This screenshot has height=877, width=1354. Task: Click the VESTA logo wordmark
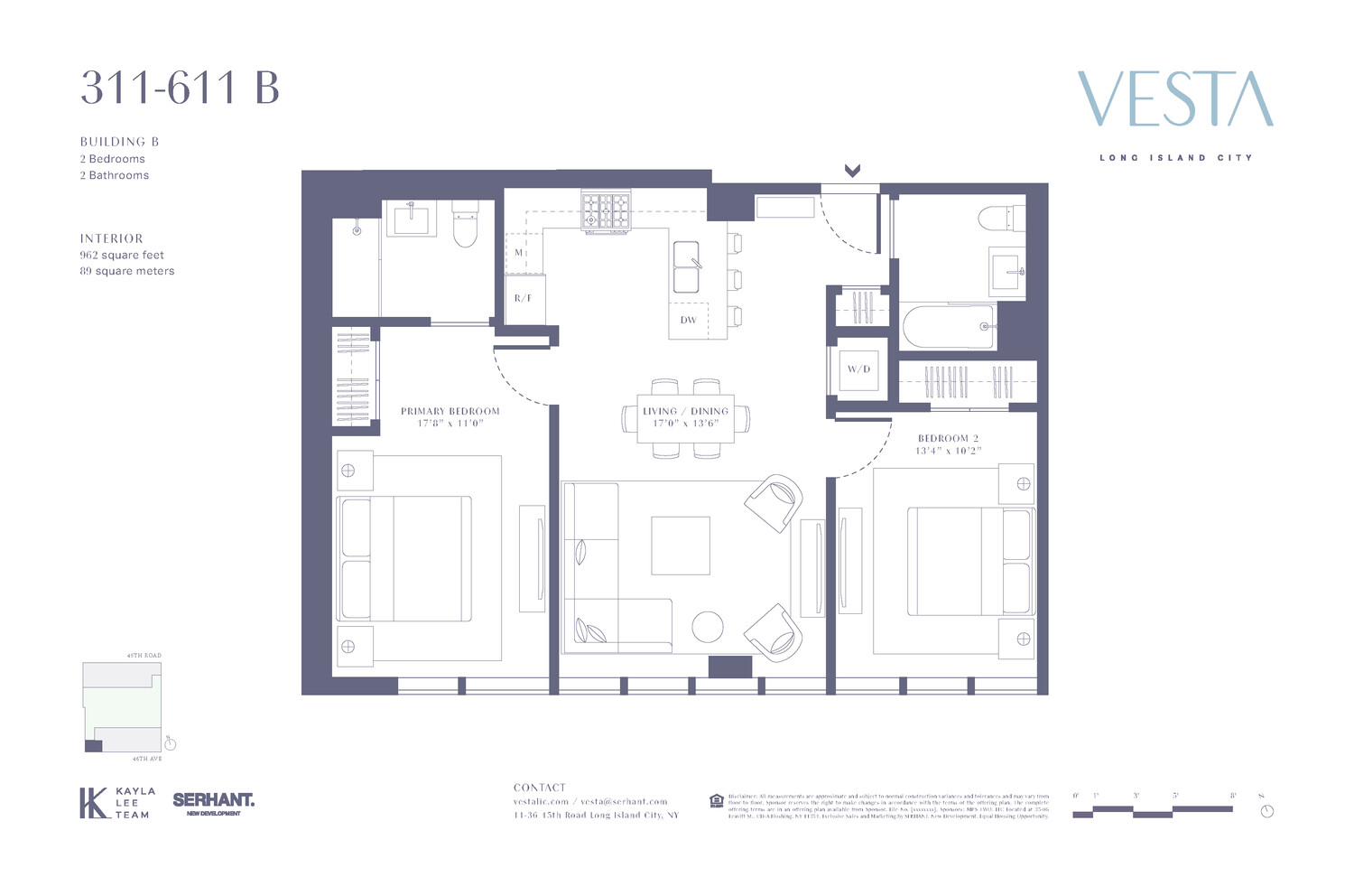tap(1175, 99)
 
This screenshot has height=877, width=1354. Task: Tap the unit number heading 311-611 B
tap(180, 89)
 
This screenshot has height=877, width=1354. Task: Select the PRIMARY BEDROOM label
tap(450, 411)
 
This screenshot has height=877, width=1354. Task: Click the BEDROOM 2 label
tap(948, 438)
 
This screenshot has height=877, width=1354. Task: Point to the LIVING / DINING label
tap(685, 411)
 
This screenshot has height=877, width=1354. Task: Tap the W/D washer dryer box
tap(858, 369)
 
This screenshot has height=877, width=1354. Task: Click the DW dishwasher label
tap(689, 320)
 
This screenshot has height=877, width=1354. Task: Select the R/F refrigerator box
tap(524, 298)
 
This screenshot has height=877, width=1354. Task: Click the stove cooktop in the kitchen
tap(606, 212)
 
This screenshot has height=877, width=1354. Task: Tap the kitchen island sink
tap(686, 267)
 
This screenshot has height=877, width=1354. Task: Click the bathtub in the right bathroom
tap(948, 326)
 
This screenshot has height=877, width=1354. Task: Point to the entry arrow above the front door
tap(852, 170)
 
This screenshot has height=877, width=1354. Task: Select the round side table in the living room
tap(708, 627)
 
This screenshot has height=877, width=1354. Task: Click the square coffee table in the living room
tap(681, 545)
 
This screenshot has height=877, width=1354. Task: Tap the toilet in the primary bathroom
tap(465, 226)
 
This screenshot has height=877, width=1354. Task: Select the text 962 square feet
tap(122, 255)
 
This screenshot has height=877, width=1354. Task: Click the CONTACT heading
tap(539, 788)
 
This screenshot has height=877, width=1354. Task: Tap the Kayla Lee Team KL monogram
tap(93, 803)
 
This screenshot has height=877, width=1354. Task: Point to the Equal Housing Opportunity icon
tap(717, 800)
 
